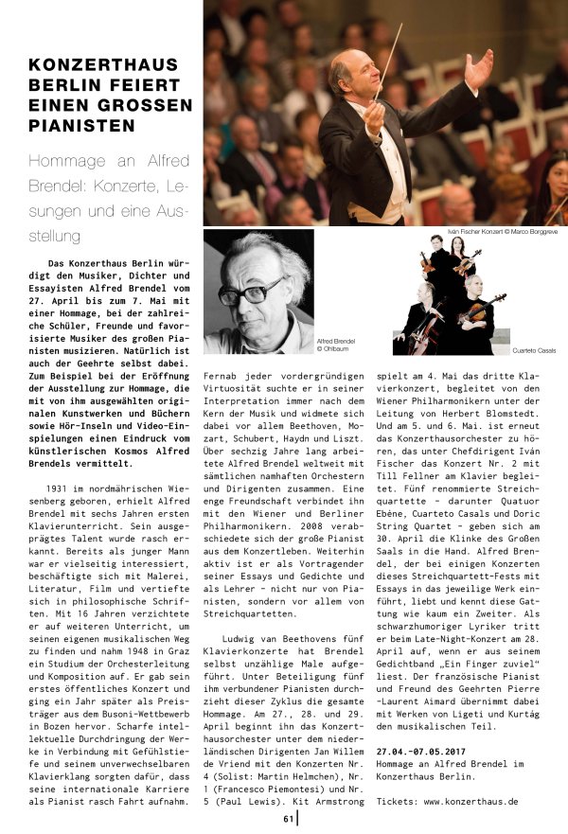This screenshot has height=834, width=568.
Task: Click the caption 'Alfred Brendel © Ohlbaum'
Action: click(336, 344)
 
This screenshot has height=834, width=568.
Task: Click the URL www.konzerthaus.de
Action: click(471, 801)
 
